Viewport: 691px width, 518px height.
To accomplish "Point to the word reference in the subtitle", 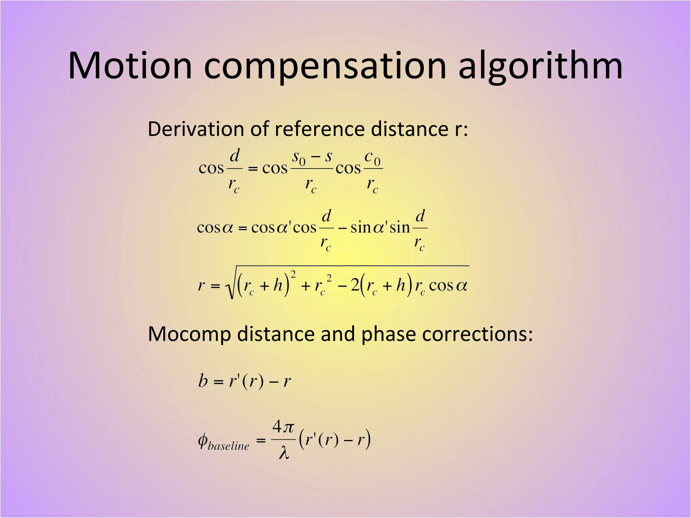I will tap(320, 129).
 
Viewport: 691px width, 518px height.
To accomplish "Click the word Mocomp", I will tap(189, 334).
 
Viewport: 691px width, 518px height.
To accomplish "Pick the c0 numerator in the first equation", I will tap(372, 157).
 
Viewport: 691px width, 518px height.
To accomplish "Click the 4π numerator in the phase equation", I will tap(283, 428).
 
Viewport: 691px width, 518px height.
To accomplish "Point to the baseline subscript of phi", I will tap(228, 446).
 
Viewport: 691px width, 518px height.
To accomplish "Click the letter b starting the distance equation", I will tap(203, 381).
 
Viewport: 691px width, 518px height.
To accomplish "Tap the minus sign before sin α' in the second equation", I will tap(342, 228).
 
